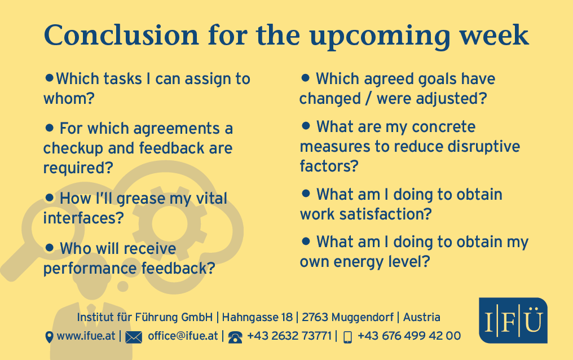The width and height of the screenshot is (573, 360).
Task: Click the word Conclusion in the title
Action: [x=121, y=36]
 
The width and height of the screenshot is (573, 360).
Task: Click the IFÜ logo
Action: [x=513, y=321]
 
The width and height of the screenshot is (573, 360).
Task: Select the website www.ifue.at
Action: [x=86, y=336]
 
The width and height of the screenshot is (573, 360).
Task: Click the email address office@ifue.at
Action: [x=183, y=336]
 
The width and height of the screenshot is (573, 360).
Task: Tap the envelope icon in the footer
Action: [x=134, y=337]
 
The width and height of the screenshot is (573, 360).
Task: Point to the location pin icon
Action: [x=49, y=337]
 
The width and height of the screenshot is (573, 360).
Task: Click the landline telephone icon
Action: [x=235, y=337]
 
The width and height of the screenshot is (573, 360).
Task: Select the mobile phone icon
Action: [x=347, y=337]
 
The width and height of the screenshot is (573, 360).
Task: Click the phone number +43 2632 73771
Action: [x=289, y=336]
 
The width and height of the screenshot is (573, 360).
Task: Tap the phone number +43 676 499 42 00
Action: [x=409, y=336]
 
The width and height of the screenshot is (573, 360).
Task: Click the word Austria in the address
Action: [x=421, y=317]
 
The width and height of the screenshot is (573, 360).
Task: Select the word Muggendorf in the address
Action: [x=347, y=318]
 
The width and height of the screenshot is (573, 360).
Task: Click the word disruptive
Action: [x=484, y=147]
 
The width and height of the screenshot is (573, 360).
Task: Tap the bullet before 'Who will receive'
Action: [x=49, y=248]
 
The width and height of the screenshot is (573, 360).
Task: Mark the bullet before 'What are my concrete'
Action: [x=306, y=126]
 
